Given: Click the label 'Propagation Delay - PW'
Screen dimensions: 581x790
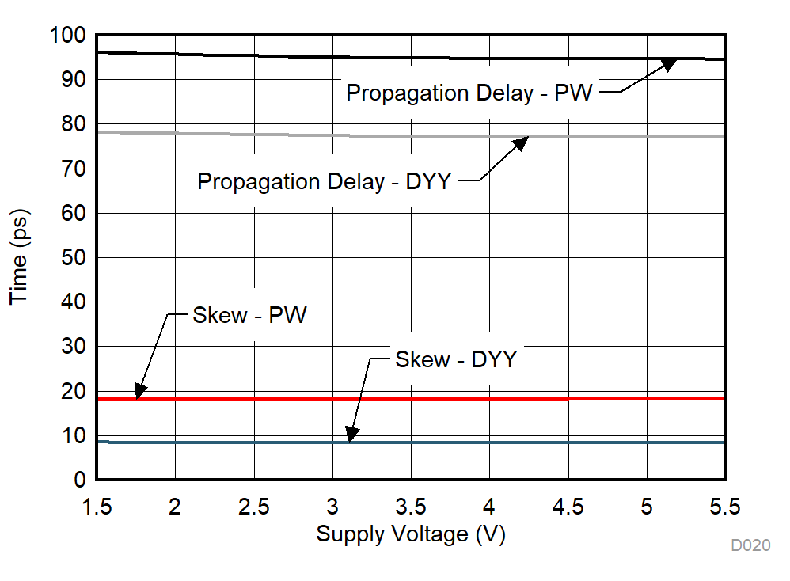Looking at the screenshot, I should point(469,93).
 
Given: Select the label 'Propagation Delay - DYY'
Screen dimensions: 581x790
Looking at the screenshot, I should point(324,181).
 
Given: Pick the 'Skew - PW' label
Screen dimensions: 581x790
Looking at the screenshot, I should point(249,315).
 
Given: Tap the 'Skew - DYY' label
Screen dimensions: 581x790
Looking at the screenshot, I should point(455,359).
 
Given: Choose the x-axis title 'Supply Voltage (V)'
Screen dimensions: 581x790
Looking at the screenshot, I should point(411,534).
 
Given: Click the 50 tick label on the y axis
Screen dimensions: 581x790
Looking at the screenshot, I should point(74,258).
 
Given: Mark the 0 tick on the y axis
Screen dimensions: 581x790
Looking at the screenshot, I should point(80,480).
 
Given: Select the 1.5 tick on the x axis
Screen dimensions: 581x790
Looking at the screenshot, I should point(96,506).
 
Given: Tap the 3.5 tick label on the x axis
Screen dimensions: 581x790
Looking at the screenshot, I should point(411,506).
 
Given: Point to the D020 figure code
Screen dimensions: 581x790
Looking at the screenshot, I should point(750,545).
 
